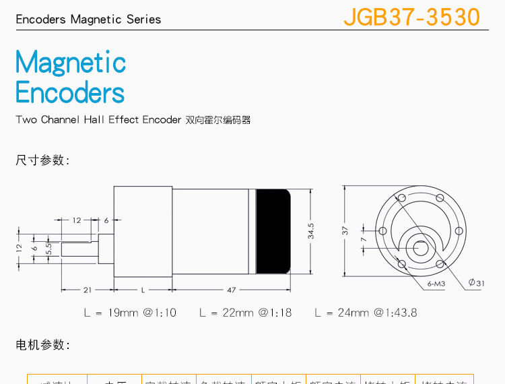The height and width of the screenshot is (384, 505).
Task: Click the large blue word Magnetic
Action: [x=71, y=63]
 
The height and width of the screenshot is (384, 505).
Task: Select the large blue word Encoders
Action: [x=70, y=93]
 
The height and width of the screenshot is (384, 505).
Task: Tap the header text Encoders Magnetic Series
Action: [x=88, y=19]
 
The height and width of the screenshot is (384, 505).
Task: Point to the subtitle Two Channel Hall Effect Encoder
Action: [x=99, y=120]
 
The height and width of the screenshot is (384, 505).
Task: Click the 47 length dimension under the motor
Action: [x=231, y=290]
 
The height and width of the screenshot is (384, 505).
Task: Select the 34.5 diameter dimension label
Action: [x=310, y=231]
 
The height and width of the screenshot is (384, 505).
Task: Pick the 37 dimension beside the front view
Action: [x=345, y=230]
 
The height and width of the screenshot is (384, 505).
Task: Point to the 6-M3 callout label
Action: [x=436, y=284]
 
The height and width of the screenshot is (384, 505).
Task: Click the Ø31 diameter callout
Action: [x=476, y=283]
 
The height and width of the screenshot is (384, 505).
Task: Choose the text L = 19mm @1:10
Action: [x=130, y=313]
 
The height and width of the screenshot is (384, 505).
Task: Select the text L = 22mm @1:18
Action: [x=245, y=313]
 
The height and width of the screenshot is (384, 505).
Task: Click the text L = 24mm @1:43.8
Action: [x=366, y=313]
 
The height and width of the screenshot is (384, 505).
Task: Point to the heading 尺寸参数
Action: [x=42, y=160]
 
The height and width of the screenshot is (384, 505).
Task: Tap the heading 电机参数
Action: [x=42, y=345]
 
